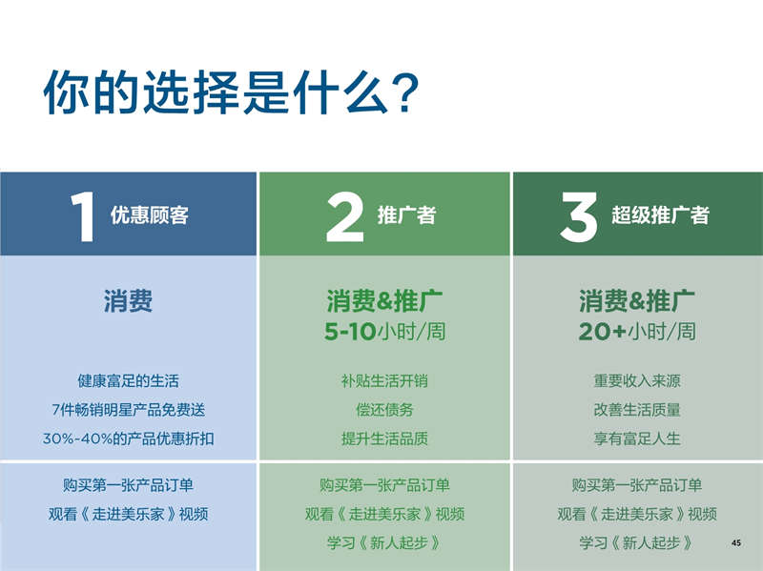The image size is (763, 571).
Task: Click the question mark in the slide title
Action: pos(403,92)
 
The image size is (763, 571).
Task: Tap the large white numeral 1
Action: pos(83,216)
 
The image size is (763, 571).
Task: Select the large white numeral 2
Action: pos(345,216)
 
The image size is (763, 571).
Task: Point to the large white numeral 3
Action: pos(578,216)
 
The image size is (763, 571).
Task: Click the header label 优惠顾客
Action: pos(150,215)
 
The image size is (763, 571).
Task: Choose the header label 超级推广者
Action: pos(660,215)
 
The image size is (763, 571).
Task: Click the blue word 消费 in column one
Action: pos(128,300)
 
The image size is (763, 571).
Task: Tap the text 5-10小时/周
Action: pos(385,332)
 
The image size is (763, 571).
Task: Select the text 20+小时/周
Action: pos(637,332)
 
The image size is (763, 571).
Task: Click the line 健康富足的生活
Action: pos(128,381)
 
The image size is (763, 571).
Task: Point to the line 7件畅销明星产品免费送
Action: pos(128,410)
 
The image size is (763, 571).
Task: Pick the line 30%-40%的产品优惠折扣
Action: pos(128,438)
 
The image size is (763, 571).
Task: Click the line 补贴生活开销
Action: pos(384,381)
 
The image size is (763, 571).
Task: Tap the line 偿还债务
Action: pos(384,410)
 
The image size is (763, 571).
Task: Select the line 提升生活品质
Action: pos(384,438)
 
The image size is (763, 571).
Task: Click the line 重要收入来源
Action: pos(637,381)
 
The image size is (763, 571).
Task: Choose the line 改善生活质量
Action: pos(637,410)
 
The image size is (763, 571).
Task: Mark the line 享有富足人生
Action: pos(637,438)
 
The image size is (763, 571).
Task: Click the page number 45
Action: pos(736,542)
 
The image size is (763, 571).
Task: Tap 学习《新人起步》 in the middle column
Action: pos(383,542)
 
